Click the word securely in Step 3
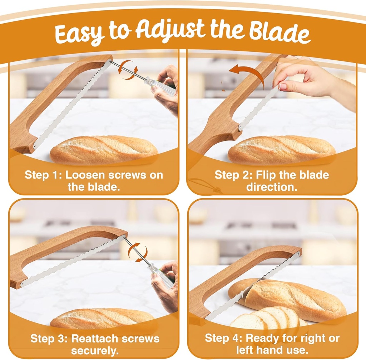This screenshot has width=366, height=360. [94, 350]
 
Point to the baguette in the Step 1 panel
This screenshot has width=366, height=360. [104, 150]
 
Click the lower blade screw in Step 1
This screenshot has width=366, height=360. [35, 147]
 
